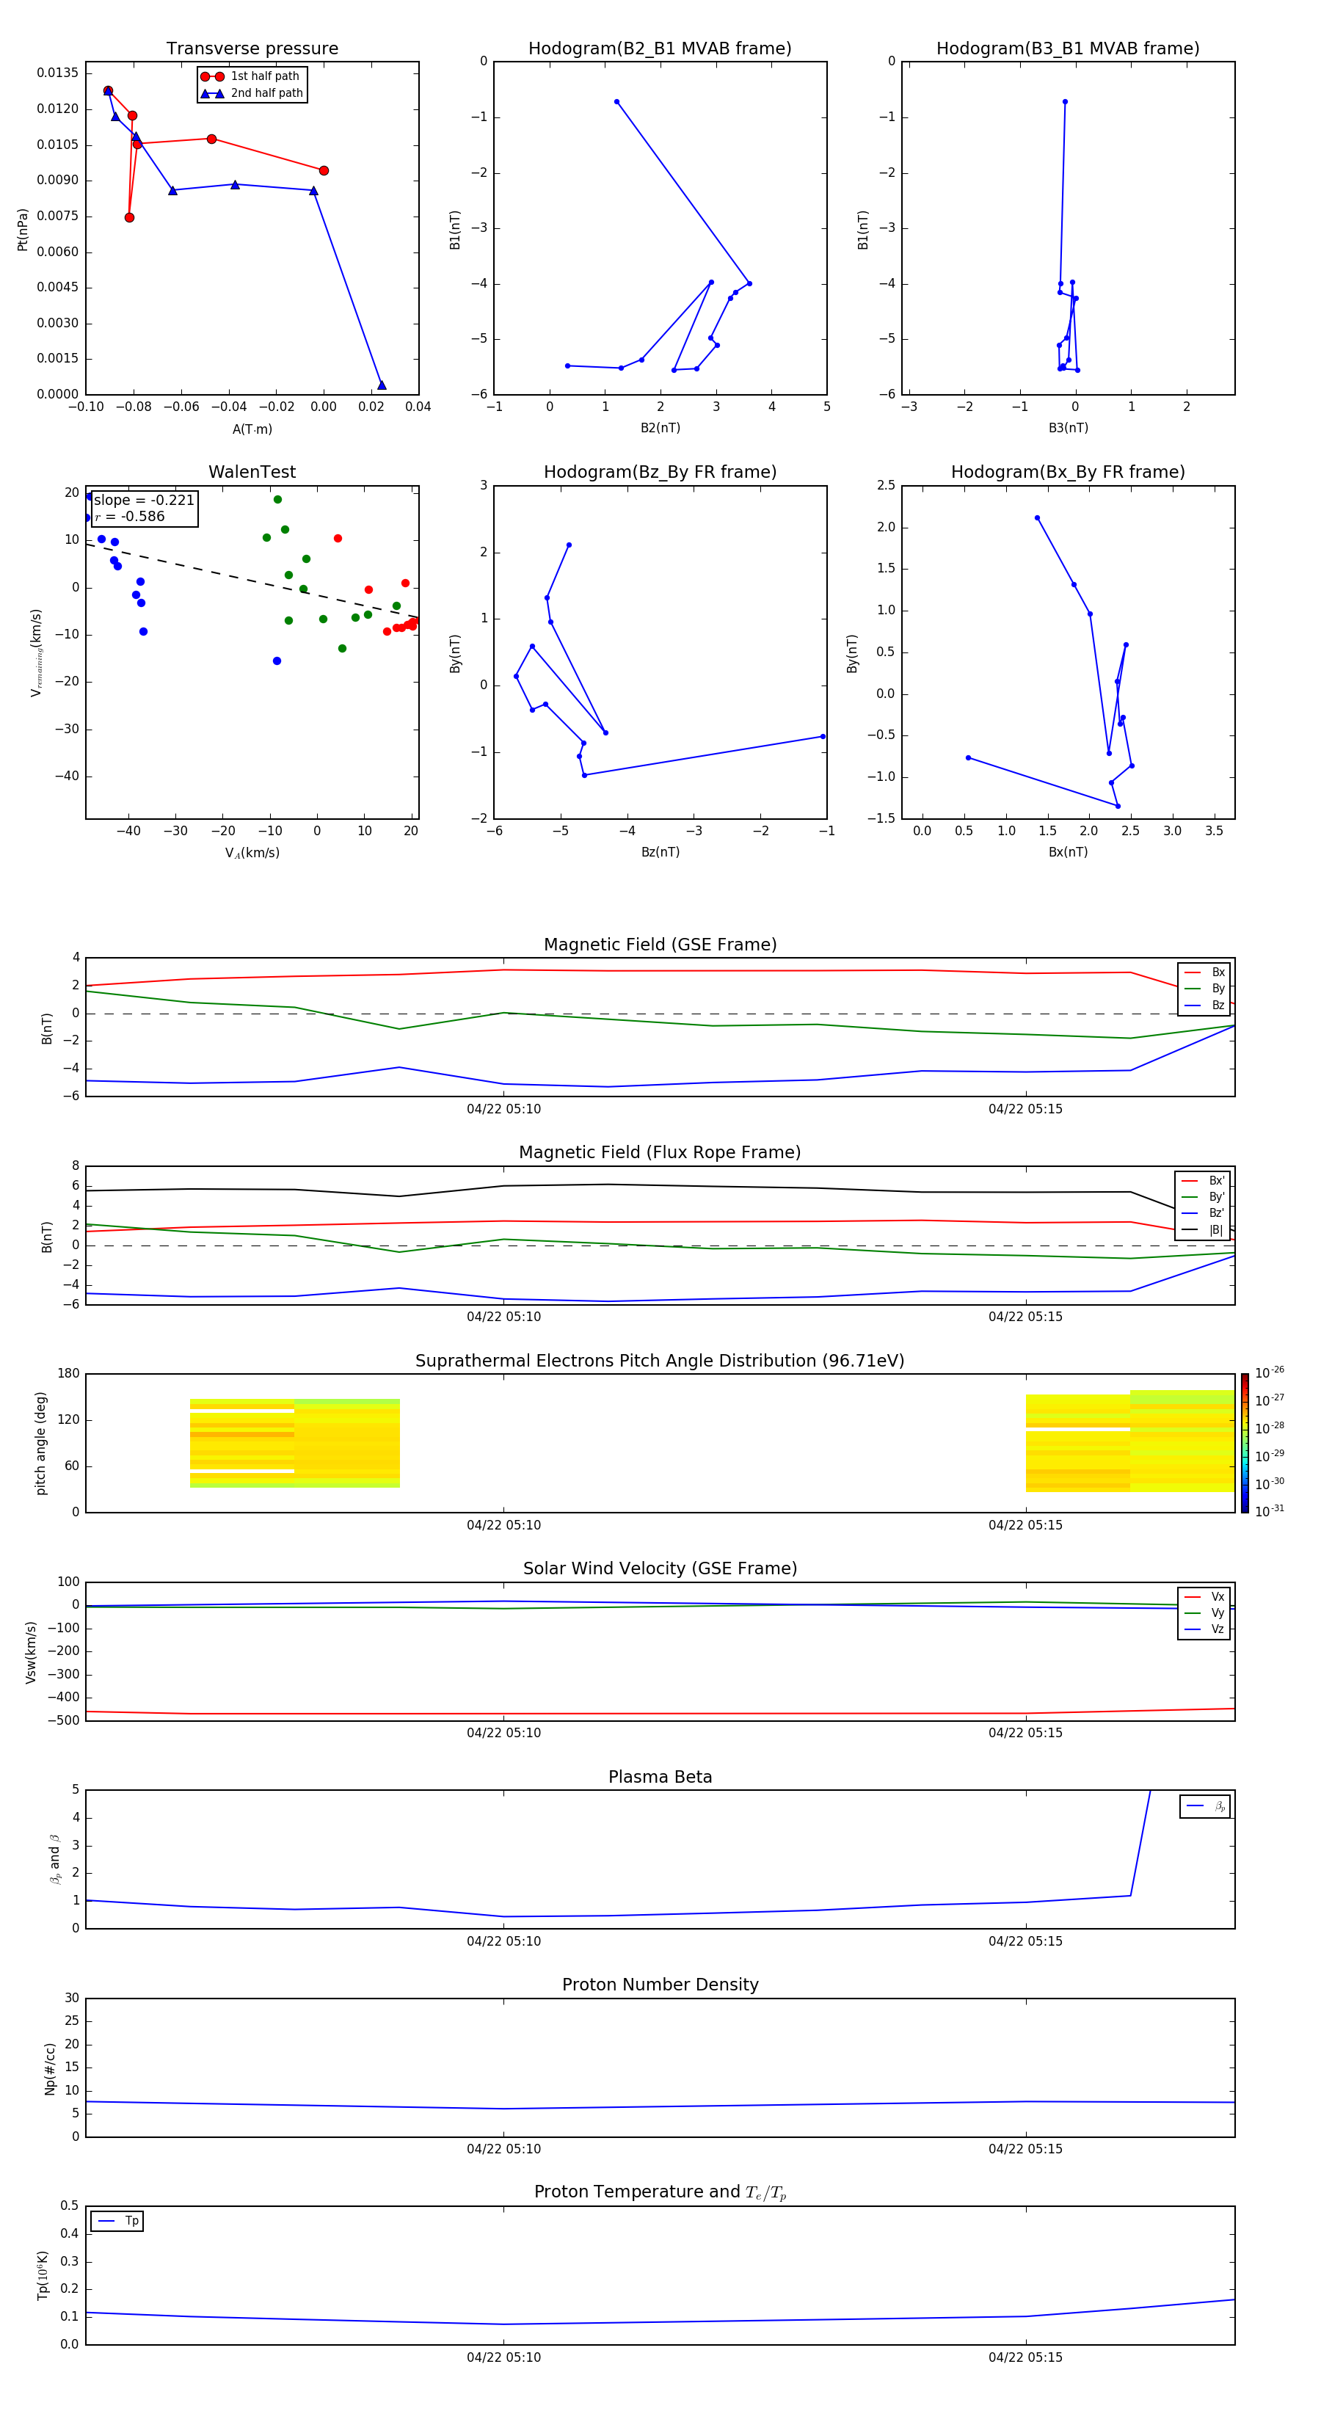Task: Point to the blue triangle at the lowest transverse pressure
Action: point(381,385)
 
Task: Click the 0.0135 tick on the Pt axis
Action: point(57,73)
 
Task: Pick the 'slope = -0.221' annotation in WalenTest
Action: point(144,501)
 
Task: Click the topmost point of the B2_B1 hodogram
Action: point(616,101)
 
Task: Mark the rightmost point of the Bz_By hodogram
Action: point(823,736)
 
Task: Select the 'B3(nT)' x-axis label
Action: point(1068,428)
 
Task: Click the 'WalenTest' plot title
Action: point(252,472)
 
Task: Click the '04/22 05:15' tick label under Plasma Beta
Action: point(1025,1941)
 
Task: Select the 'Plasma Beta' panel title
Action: point(660,1777)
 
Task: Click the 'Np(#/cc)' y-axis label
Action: point(50,2068)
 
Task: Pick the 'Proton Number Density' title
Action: point(660,1985)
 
